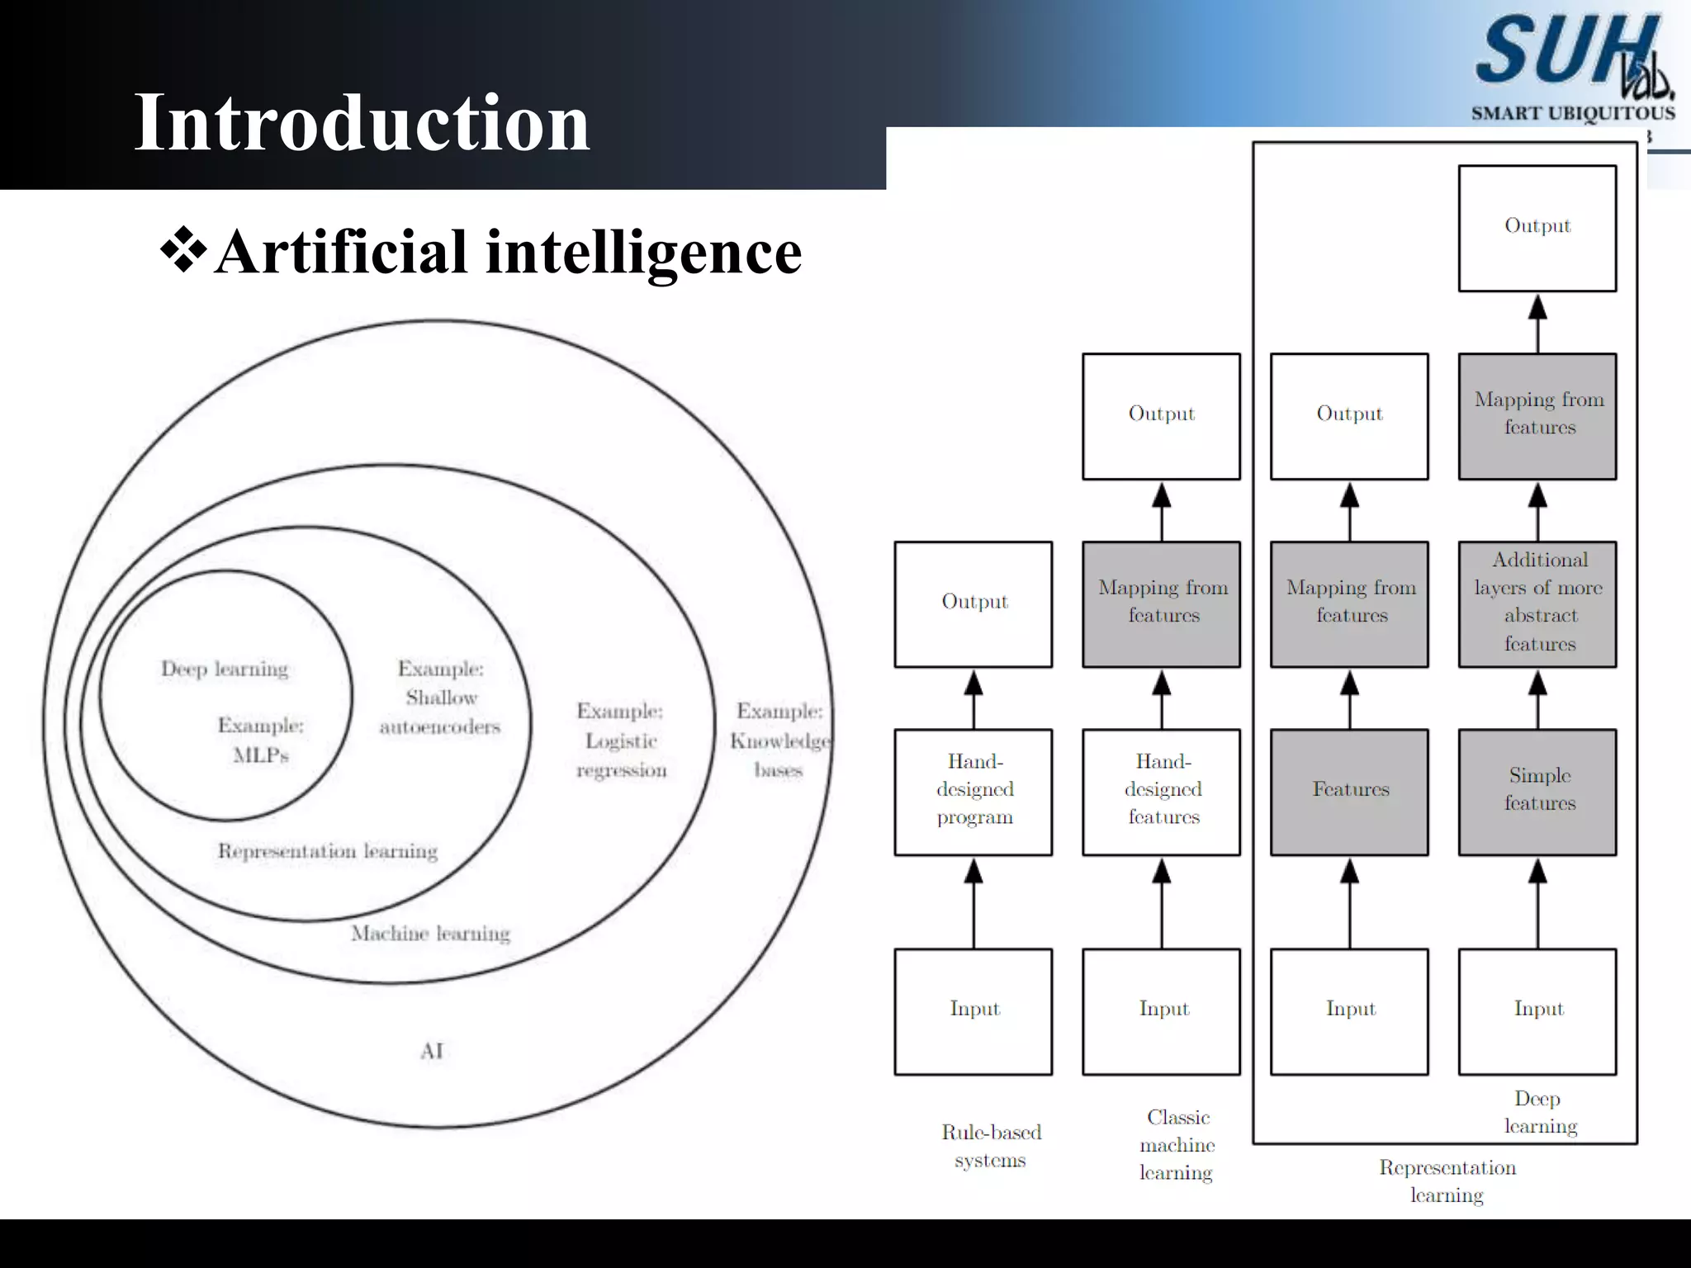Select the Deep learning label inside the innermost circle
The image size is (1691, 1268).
click(225, 669)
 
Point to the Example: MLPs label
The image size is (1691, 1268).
click(261, 740)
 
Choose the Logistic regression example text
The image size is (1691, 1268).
click(621, 740)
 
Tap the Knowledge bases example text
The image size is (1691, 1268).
click(779, 740)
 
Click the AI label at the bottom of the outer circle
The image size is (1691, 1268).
click(432, 1051)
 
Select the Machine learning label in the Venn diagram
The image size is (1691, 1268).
click(430, 934)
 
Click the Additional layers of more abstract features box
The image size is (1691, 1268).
click(1537, 603)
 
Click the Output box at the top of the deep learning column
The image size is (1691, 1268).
click(1537, 228)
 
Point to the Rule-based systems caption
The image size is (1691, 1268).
click(991, 1146)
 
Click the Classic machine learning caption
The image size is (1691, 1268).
click(1177, 1144)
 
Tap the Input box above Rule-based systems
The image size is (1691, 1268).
click(973, 1011)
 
